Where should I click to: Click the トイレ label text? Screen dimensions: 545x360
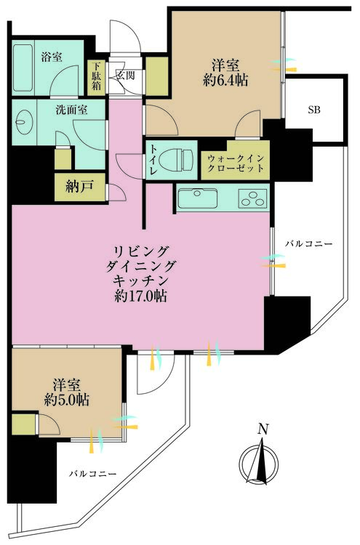coord(154,159)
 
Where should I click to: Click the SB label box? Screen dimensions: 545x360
coord(313,110)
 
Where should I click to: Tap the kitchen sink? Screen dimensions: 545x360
coord(199,197)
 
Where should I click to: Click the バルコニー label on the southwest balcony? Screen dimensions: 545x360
coord(93,474)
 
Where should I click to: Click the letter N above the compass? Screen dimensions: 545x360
coord(263,429)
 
